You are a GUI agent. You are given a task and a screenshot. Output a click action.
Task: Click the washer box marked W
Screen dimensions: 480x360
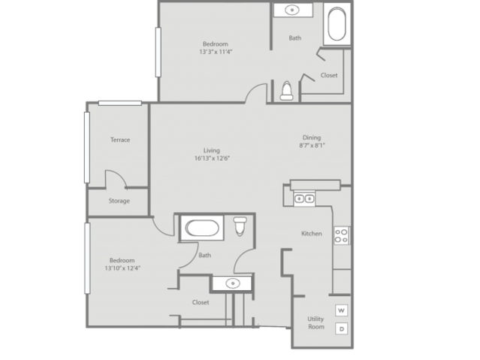click(x=341, y=310)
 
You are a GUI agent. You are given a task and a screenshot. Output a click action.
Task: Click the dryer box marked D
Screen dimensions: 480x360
click(x=341, y=328)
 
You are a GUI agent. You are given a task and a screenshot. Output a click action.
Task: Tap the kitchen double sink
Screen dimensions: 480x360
click(x=304, y=199)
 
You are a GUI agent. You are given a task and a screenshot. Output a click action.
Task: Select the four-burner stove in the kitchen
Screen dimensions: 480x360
click(x=341, y=235)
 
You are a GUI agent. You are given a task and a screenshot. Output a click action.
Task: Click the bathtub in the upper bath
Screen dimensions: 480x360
click(x=337, y=25)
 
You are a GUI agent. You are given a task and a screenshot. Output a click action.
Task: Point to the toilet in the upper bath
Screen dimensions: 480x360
click(x=286, y=91)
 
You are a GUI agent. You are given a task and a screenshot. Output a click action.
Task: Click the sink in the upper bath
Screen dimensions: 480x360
click(x=292, y=10)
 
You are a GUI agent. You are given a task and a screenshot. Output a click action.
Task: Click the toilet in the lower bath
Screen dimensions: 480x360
click(x=240, y=226)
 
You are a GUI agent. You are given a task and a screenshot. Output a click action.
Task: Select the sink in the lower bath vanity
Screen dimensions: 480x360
click(x=233, y=283)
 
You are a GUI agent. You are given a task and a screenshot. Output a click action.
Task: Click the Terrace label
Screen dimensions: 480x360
click(x=120, y=140)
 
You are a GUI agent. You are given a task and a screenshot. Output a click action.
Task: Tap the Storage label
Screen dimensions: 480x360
click(x=119, y=201)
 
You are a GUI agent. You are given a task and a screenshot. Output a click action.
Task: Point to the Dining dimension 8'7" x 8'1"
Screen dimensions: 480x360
click(x=312, y=146)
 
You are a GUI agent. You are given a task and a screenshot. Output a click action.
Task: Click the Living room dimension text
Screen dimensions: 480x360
click(x=212, y=159)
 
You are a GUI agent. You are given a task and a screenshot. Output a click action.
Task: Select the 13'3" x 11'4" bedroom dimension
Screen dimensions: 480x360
click(x=216, y=52)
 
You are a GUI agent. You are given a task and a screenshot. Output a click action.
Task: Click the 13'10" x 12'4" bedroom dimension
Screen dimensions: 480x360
click(x=122, y=268)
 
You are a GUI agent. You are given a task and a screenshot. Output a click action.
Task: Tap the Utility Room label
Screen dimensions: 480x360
click(x=316, y=323)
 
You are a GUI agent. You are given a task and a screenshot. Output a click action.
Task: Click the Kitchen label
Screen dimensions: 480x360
click(x=312, y=234)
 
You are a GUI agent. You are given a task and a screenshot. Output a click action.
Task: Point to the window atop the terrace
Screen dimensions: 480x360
click(x=120, y=103)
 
